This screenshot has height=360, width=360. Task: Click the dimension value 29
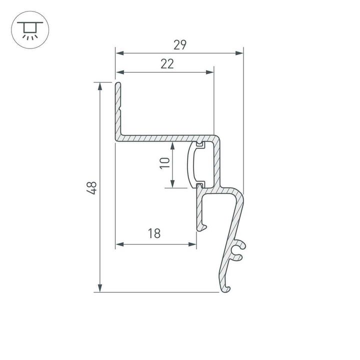click(180, 45)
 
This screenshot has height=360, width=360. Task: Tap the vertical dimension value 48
click(91, 187)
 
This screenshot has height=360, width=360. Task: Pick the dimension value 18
click(154, 234)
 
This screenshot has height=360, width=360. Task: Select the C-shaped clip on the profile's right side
click(239, 251)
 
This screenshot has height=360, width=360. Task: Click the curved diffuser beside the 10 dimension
click(191, 164)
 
